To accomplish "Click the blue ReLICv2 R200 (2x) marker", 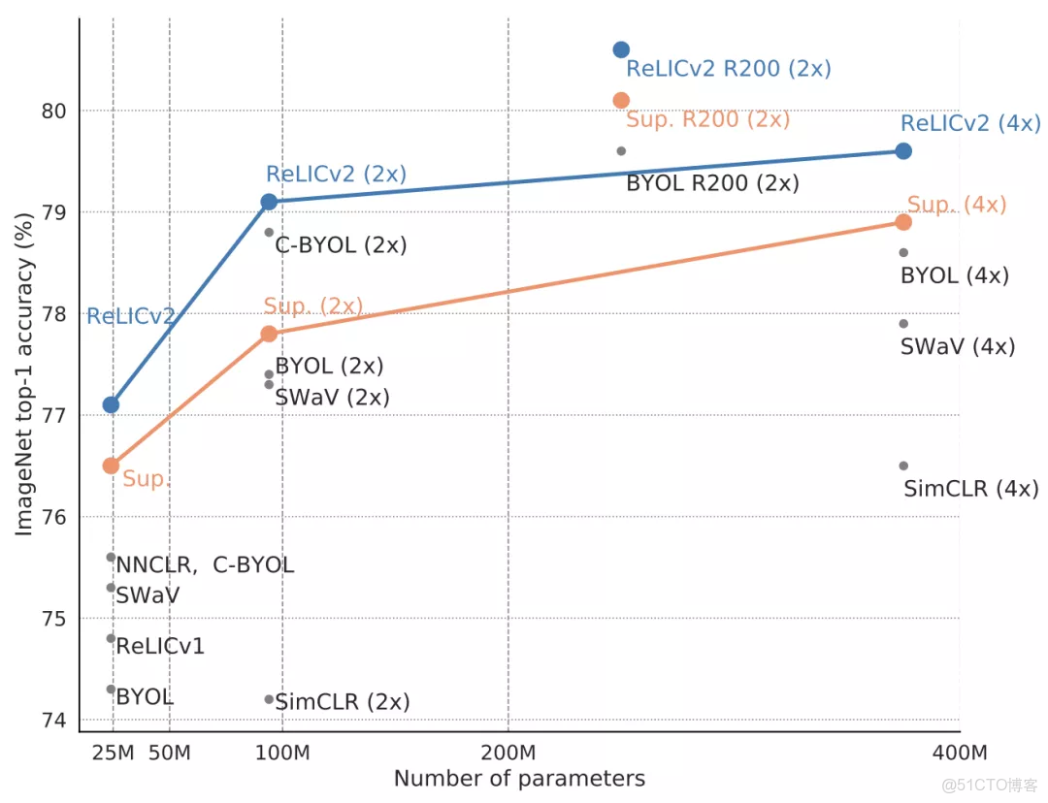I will [621, 49].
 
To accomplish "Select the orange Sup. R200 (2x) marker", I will [621, 100].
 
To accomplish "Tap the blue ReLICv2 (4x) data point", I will [903, 150].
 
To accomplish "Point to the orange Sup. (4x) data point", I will [903, 222].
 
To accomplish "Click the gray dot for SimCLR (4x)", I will [903, 466].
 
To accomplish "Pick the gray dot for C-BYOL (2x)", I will [269, 232].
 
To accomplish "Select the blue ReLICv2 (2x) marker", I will [269, 202].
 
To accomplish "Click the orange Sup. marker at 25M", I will [111, 466].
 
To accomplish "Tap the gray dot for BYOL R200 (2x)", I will [621, 150].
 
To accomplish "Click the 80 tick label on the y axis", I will [55, 111].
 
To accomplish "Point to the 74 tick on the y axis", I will [55, 720].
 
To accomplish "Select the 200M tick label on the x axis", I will [508, 754].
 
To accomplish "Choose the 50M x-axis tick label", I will [170, 754].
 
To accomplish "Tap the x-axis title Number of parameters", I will [519, 779].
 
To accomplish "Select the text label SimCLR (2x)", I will [343, 701].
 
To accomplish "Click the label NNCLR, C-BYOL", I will [205, 564].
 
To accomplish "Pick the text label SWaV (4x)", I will [957, 346].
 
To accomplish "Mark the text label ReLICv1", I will [160, 646].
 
